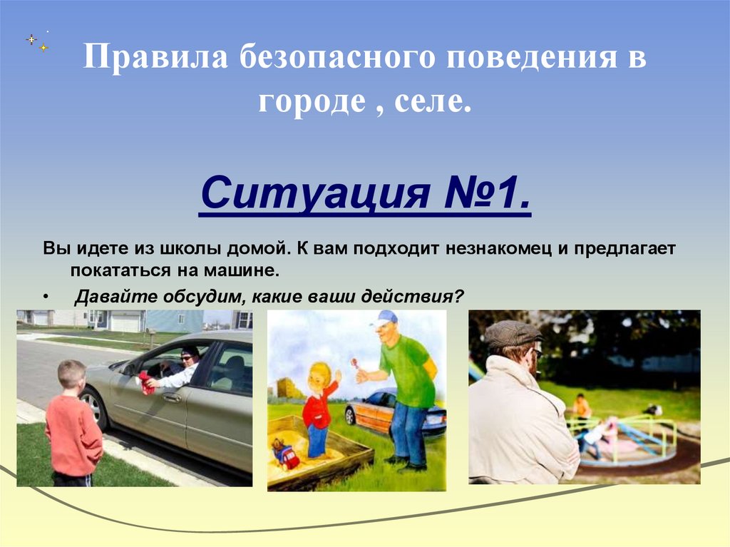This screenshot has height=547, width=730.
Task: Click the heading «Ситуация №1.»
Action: click(365, 195)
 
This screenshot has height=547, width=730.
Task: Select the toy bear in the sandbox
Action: click(285, 454)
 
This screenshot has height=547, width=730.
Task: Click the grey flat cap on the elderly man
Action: click(512, 332)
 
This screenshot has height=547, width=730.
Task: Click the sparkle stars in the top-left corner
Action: click(37, 41)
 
